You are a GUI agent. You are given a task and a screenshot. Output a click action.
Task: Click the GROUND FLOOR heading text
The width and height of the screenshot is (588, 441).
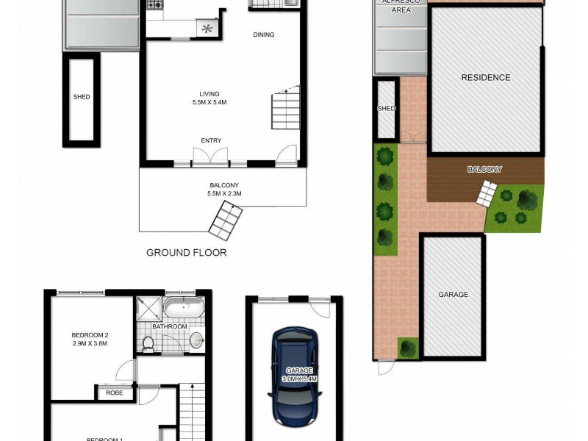(x=186, y=253)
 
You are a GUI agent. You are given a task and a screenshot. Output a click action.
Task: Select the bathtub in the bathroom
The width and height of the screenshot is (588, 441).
(x=184, y=307)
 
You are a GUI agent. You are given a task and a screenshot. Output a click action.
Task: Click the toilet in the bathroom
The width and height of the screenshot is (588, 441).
(x=148, y=343)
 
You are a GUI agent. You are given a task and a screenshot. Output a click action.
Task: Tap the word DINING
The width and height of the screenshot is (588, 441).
(x=264, y=35)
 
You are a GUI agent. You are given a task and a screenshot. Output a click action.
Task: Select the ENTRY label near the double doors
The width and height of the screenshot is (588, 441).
(x=211, y=141)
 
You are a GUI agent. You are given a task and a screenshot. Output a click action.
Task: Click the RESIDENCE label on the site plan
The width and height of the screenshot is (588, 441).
(x=485, y=78)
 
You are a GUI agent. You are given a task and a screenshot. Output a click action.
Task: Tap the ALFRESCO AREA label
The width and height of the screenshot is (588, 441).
(x=401, y=7)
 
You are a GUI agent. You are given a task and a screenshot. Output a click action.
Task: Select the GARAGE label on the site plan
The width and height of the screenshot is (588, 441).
(x=453, y=295)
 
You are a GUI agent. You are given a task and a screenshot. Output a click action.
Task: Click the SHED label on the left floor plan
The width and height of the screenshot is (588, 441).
(x=81, y=97)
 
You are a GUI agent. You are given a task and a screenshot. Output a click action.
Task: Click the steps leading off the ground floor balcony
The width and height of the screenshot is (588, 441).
(x=225, y=220)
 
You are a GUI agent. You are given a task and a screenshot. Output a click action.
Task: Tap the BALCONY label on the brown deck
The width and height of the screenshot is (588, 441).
(x=484, y=170)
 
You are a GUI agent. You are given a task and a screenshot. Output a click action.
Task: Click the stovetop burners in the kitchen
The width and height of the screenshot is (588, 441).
(x=155, y=6)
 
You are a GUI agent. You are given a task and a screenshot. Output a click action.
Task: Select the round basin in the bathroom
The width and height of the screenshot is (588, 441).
(x=196, y=340)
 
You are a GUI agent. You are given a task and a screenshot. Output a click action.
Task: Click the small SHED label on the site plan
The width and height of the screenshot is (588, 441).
(x=386, y=109)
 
